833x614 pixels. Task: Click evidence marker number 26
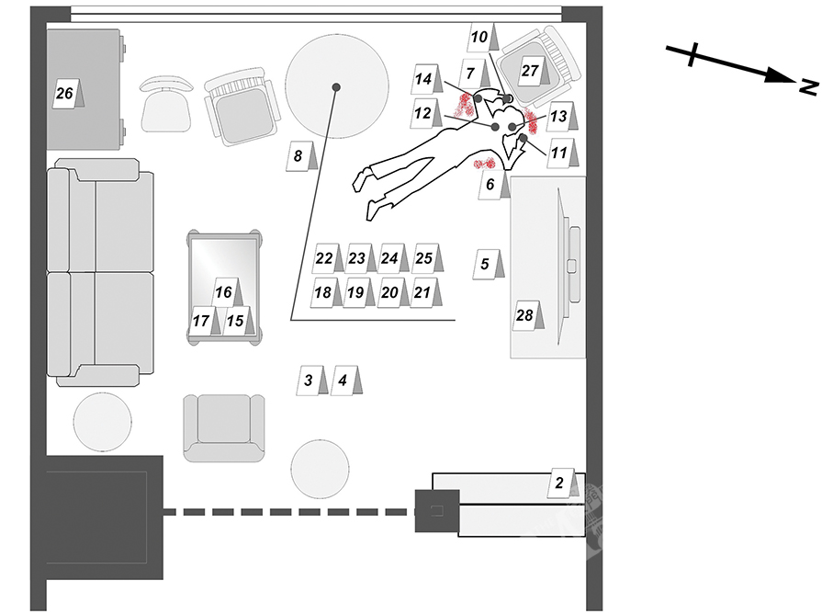[66, 94]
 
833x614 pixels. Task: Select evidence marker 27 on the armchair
[533, 71]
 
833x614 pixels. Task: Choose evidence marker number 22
[326, 258]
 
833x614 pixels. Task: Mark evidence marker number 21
[425, 292]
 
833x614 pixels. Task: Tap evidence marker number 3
[311, 380]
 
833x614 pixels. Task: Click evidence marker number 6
[492, 186]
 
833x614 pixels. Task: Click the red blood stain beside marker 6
[484, 164]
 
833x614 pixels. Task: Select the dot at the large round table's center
[337, 86]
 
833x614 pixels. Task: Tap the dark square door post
[436, 511]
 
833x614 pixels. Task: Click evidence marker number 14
[425, 80]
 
